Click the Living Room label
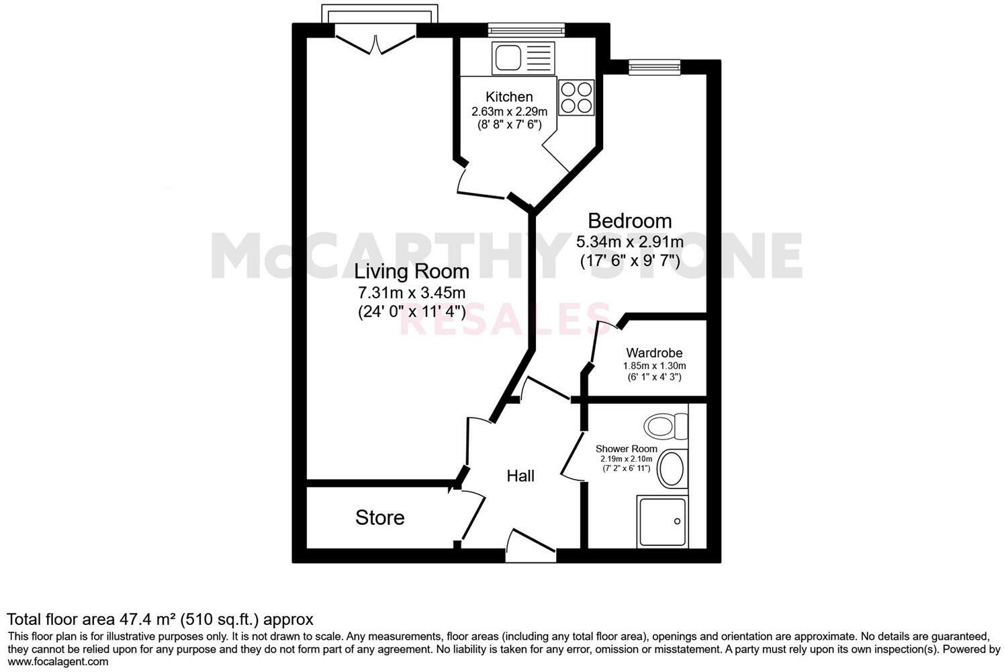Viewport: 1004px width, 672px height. pos(411,271)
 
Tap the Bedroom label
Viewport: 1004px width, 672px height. pos(629,220)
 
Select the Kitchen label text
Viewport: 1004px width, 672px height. pos(509,97)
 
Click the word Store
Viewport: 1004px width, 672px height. pos(379,517)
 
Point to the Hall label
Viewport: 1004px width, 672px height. pos(520,476)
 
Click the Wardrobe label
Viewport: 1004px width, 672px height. pos(654,353)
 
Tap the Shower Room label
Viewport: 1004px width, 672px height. pos(626,449)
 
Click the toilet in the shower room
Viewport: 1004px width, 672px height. pos(666,425)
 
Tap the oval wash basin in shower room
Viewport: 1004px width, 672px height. pos(672,469)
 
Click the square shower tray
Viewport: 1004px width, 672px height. pos(662,522)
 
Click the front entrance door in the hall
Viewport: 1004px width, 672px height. pos(531,546)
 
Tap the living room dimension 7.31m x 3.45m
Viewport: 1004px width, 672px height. pos(411,293)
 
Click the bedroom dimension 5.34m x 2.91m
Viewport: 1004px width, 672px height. pos(629,242)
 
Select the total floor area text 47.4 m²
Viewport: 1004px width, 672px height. pos(160,619)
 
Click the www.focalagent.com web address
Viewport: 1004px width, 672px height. pos(58,661)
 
